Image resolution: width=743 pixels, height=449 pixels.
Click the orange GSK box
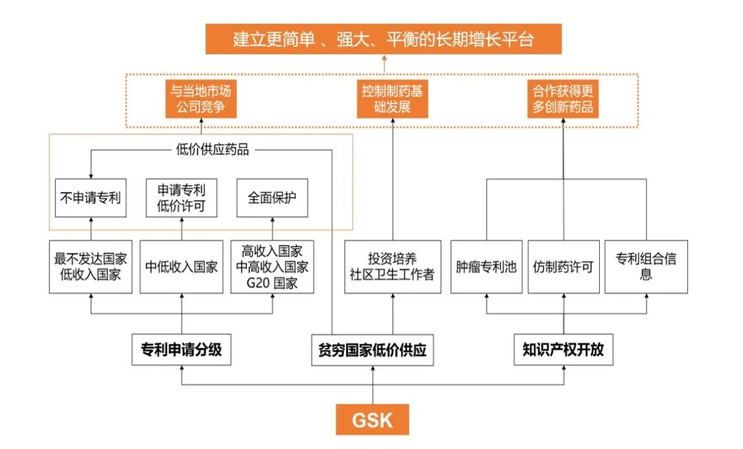(372, 419)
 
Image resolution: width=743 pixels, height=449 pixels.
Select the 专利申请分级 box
(182, 350)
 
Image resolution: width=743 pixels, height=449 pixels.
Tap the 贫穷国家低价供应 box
(372, 350)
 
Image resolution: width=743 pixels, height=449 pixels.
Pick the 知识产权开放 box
(563, 350)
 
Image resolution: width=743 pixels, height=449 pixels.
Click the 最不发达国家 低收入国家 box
(91, 267)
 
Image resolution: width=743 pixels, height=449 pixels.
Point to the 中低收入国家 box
(182, 267)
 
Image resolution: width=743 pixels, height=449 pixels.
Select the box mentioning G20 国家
(272, 267)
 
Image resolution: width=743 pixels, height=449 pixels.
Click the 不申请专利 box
(91, 198)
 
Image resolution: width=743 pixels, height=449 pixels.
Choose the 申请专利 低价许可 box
(182, 198)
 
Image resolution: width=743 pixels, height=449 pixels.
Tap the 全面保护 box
(272, 198)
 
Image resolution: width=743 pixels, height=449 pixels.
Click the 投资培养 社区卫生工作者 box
(393, 267)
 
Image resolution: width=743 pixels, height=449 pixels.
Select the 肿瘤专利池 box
(486, 267)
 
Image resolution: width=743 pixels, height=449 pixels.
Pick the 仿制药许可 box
(563, 267)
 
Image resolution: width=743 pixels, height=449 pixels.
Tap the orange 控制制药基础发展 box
(393, 98)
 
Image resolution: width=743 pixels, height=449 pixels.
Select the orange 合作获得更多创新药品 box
(563, 98)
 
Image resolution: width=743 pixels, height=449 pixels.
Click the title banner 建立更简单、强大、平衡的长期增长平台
(384, 39)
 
